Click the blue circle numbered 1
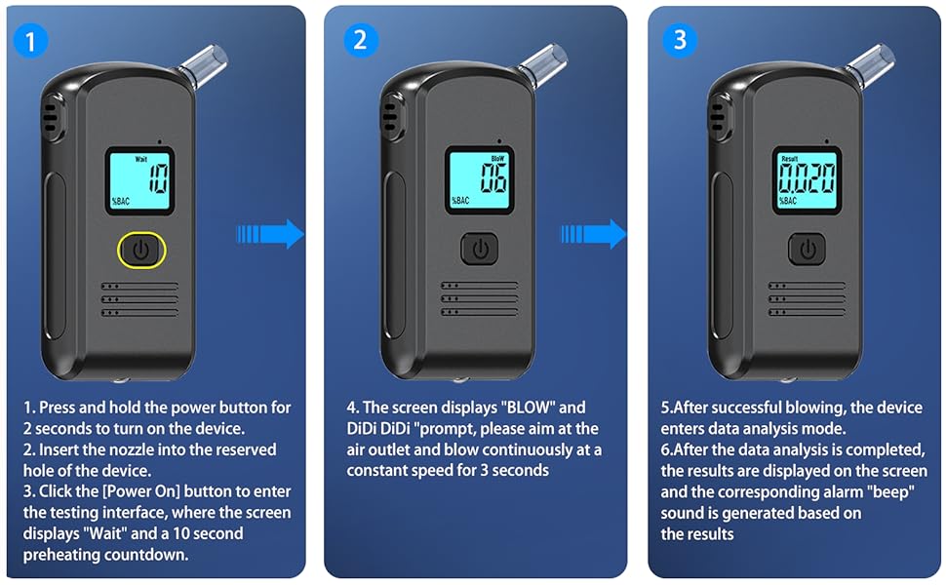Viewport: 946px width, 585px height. click(30, 40)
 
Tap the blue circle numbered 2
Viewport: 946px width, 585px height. click(360, 40)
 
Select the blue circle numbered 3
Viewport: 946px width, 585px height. click(680, 40)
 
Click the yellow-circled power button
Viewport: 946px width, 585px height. click(141, 250)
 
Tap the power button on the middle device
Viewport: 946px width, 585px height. click(480, 249)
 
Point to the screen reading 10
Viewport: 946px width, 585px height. click(140, 180)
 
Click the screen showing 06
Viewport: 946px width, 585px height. click(480, 179)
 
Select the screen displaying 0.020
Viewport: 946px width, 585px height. click(808, 179)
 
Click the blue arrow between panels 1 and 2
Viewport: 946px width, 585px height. click(270, 233)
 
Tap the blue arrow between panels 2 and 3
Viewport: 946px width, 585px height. click(594, 233)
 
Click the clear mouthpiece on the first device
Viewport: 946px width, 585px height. click(204, 65)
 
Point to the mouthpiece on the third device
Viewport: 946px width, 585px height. click(870, 64)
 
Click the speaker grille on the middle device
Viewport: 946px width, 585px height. click(480, 298)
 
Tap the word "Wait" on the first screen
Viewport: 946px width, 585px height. click(140, 159)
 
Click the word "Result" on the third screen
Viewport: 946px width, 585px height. click(789, 159)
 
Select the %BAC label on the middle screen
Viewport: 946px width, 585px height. click(460, 200)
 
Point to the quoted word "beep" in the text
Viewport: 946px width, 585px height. click(890, 492)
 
